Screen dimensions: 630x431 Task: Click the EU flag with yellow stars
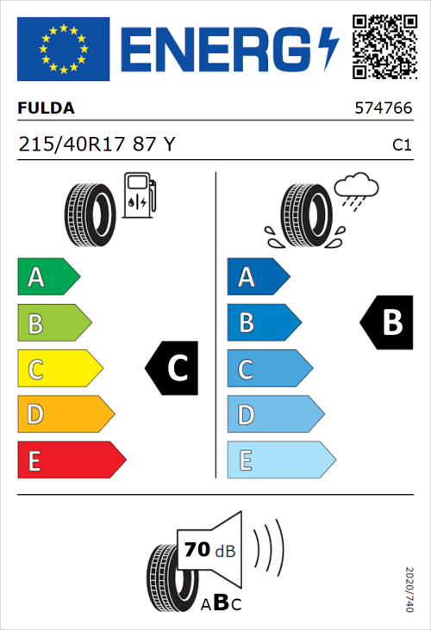pos(62,48)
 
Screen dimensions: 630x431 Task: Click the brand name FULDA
pos(47,109)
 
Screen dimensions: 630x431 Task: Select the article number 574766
pos(383,109)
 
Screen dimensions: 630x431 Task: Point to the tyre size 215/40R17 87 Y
pos(97,145)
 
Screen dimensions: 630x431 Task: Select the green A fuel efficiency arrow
pos(47,277)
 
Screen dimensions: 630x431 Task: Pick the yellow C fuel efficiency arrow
pos(59,369)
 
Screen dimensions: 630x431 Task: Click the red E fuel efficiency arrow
pos(71,460)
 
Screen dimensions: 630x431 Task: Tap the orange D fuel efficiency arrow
pos(65,415)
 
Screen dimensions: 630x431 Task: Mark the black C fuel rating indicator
pos(172,367)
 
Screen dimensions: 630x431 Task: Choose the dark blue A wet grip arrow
pos(257,277)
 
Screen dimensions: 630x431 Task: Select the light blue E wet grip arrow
pos(280,460)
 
